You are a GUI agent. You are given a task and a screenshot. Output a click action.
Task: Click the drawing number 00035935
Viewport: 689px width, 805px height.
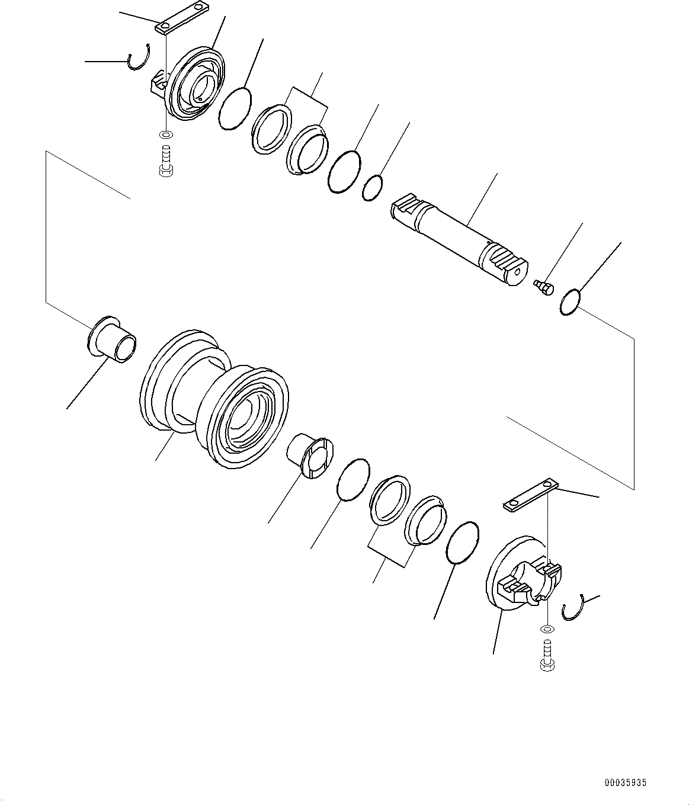click(625, 782)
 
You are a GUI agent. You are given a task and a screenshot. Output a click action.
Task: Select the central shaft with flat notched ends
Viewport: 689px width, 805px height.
click(459, 239)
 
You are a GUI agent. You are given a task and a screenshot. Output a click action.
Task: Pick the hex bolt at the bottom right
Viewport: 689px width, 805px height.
click(547, 656)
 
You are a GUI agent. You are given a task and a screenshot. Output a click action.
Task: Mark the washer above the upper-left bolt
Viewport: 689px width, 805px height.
click(167, 135)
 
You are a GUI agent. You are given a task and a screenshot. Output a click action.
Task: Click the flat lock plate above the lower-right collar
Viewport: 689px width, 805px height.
click(531, 496)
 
